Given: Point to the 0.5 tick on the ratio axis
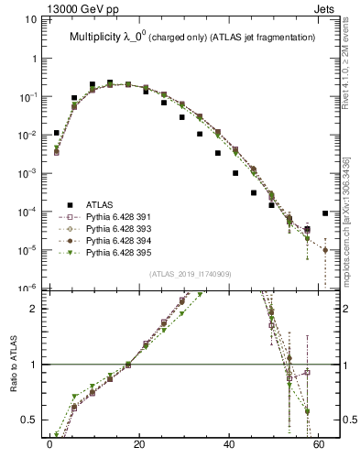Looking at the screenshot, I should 30,420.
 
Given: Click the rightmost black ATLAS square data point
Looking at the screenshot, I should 325,213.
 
